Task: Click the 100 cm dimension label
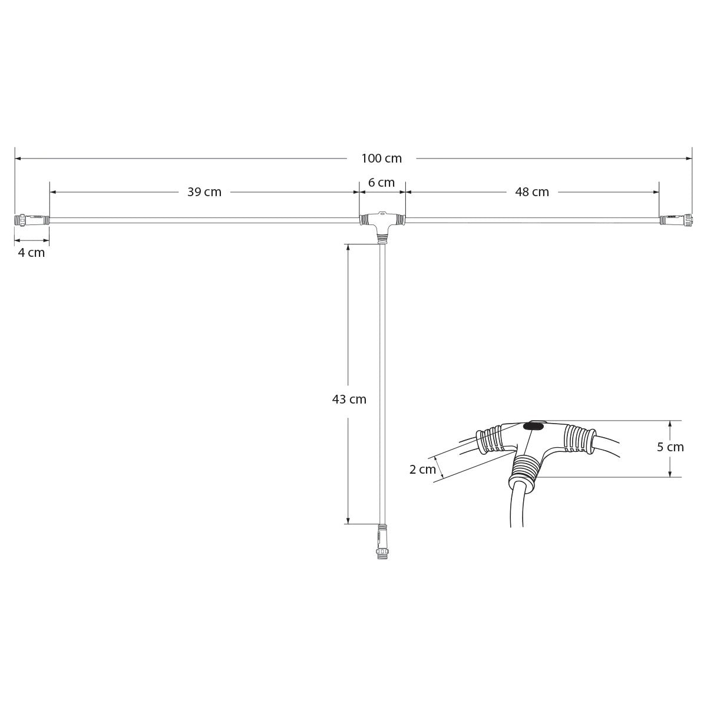[381, 158]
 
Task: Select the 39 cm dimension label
[204, 192]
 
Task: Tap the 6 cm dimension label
[381, 183]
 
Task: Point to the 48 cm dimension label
[532, 192]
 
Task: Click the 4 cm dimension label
[31, 253]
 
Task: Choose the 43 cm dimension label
[349, 399]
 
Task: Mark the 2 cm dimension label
[422, 470]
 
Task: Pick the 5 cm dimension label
[670, 447]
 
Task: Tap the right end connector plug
[675, 220]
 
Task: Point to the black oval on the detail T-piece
[534, 425]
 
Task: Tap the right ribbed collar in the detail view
[577, 438]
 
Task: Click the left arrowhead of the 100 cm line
[18, 158]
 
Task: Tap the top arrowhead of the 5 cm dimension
[670, 424]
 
